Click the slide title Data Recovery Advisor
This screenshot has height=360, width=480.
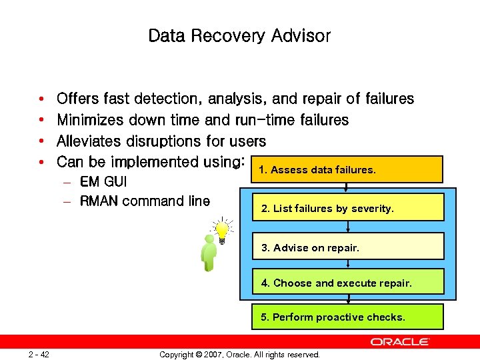pyautogui.click(x=239, y=35)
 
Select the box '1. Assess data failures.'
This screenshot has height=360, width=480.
pyautogui.click(x=347, y=169)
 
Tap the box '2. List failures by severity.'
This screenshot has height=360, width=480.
pyautogui.click(x=347, y=208)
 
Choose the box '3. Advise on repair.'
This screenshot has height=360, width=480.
pyautogui.click(x=347, y=247)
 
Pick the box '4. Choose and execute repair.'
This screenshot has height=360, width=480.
pyautogui.click(x=347, y=283)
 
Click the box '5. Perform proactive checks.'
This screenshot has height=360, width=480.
pyautogui.click(x=347, y=317)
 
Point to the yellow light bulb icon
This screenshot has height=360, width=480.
pyautogui.click(x=222, y=230)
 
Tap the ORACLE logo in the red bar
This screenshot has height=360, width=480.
pyautogui.click(x=400, y=341)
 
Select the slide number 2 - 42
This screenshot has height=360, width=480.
pyautogui.click(x=39, y=354)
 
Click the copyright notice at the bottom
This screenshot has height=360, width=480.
pyautogui.click(x=239, y=354)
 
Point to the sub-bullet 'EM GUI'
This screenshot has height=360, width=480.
pyautogui.click(x=103, y=181)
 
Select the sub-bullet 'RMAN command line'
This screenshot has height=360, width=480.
pyautogui.click(x=144, y=201)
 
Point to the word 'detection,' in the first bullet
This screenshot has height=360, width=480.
pyautogui.click(x=167, y=99)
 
